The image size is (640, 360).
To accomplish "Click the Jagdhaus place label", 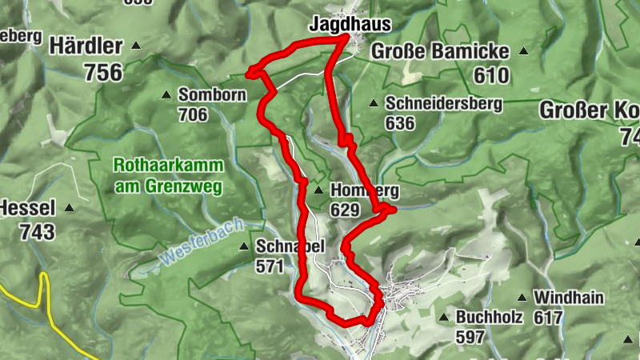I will (x=343, y=26).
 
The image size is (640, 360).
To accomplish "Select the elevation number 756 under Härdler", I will (x=103, y=73).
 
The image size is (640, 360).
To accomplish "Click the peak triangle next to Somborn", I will (x=166, y=94).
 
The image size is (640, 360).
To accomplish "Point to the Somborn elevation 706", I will (x=193, y=115).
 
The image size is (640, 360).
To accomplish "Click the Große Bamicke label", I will (x=439, y=52).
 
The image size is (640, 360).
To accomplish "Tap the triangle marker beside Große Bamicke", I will (x=523, y=51).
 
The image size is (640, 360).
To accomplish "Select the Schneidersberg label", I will (x=443, y=103).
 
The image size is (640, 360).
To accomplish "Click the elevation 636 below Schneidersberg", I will (x=400, y=122).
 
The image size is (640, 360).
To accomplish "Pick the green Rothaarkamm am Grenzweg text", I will (x=168, y=176).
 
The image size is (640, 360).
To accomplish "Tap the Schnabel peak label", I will (x=290, y=246).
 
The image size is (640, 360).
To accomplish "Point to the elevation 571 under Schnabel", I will (x=270, y=266).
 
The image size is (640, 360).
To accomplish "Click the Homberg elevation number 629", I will (x=345, y=210).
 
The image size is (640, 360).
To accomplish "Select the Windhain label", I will (x=569, y=297).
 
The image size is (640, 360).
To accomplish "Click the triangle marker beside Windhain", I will (x=522, y=297).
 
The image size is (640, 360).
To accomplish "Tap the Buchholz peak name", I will (x=489, y=317).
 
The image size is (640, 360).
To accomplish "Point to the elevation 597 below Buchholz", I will (x=471, y=336).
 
